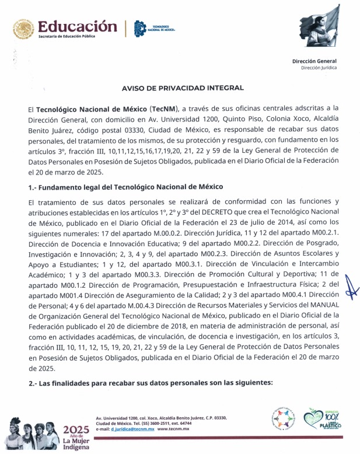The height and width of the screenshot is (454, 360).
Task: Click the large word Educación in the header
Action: coord(74,27)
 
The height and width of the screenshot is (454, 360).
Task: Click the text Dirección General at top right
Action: coord(315,61)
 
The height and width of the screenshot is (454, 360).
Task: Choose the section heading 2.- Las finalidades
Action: coord(150,382)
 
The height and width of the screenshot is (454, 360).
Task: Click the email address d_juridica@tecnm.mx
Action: coord(133,428)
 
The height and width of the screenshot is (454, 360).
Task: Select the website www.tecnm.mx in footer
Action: coord(176,428)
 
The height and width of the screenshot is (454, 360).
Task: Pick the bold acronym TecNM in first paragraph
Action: coord(164,109)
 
